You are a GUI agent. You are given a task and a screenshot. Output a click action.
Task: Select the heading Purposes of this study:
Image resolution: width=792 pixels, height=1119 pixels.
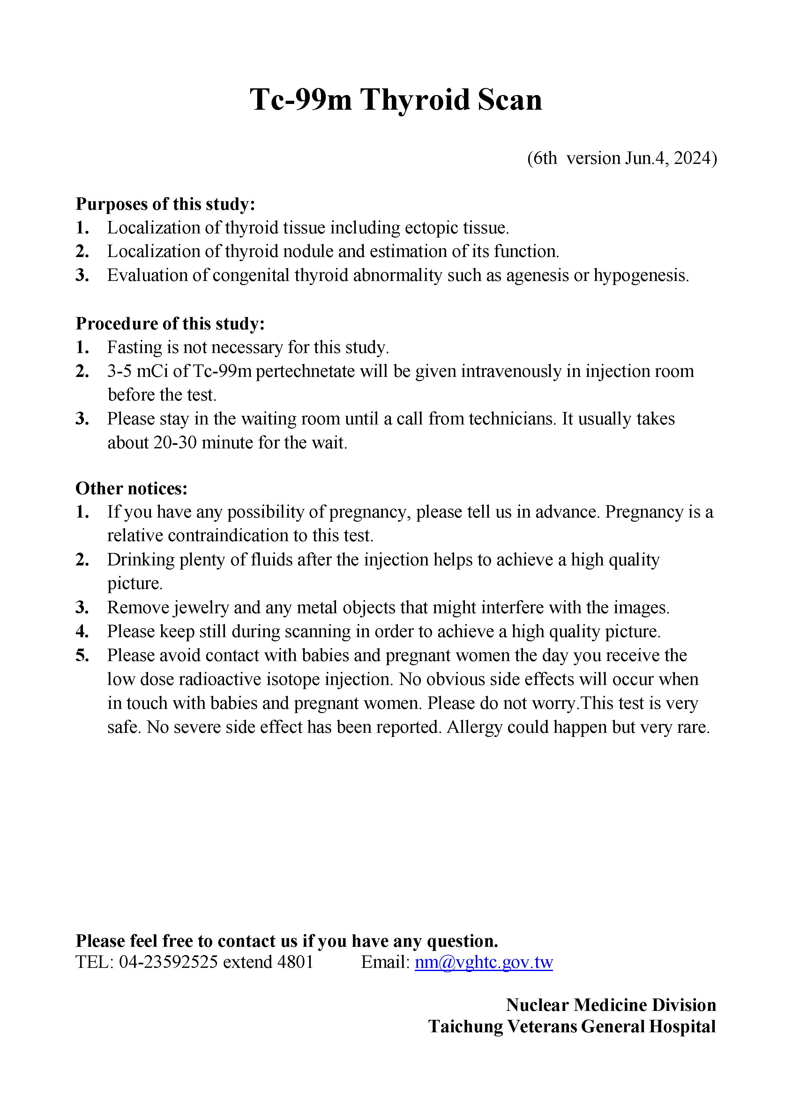[165, 204]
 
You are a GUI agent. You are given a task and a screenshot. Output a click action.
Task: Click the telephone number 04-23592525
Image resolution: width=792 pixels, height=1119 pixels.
[168, 962]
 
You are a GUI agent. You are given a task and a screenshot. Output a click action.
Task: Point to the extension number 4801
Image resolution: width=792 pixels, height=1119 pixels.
[295, 962]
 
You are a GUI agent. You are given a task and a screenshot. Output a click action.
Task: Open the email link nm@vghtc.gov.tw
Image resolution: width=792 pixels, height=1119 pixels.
[483, 962]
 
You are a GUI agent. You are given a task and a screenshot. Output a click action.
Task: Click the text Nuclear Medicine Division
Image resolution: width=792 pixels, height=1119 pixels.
[610, 1005]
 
